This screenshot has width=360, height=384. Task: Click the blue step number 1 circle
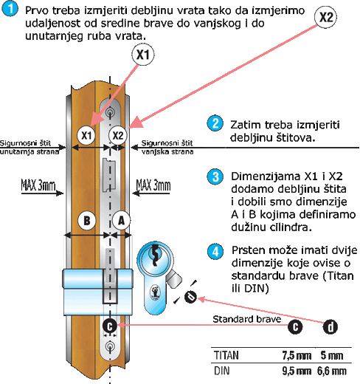point(10,9)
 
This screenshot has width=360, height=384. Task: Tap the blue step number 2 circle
point(215,123)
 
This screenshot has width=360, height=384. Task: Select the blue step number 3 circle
point(215,176)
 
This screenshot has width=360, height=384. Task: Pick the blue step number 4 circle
point(215,252)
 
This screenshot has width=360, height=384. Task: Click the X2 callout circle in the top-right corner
point(326,17)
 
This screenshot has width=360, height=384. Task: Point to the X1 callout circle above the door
point(143,55)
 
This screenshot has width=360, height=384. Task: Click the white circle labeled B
point(87,221)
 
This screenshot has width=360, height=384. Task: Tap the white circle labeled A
point(122,221)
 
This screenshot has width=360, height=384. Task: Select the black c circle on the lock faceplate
point(110,326)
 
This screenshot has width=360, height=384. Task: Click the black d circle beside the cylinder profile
point(190,296)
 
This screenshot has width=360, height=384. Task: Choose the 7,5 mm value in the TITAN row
point(297,356)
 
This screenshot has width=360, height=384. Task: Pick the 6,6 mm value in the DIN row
point(331,371)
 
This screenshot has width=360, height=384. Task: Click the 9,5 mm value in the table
point(297,371)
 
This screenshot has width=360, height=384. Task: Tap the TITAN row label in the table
point(226,355)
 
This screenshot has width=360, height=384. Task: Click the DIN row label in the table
point(222,371)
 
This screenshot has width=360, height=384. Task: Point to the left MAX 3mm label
point(38,185)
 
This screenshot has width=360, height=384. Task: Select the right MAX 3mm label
point(153,185)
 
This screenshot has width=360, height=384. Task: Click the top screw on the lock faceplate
point(110,112)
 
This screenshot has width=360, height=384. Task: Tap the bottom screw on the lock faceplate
point(110,346)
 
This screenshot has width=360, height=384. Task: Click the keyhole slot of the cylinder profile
point(155,256)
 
